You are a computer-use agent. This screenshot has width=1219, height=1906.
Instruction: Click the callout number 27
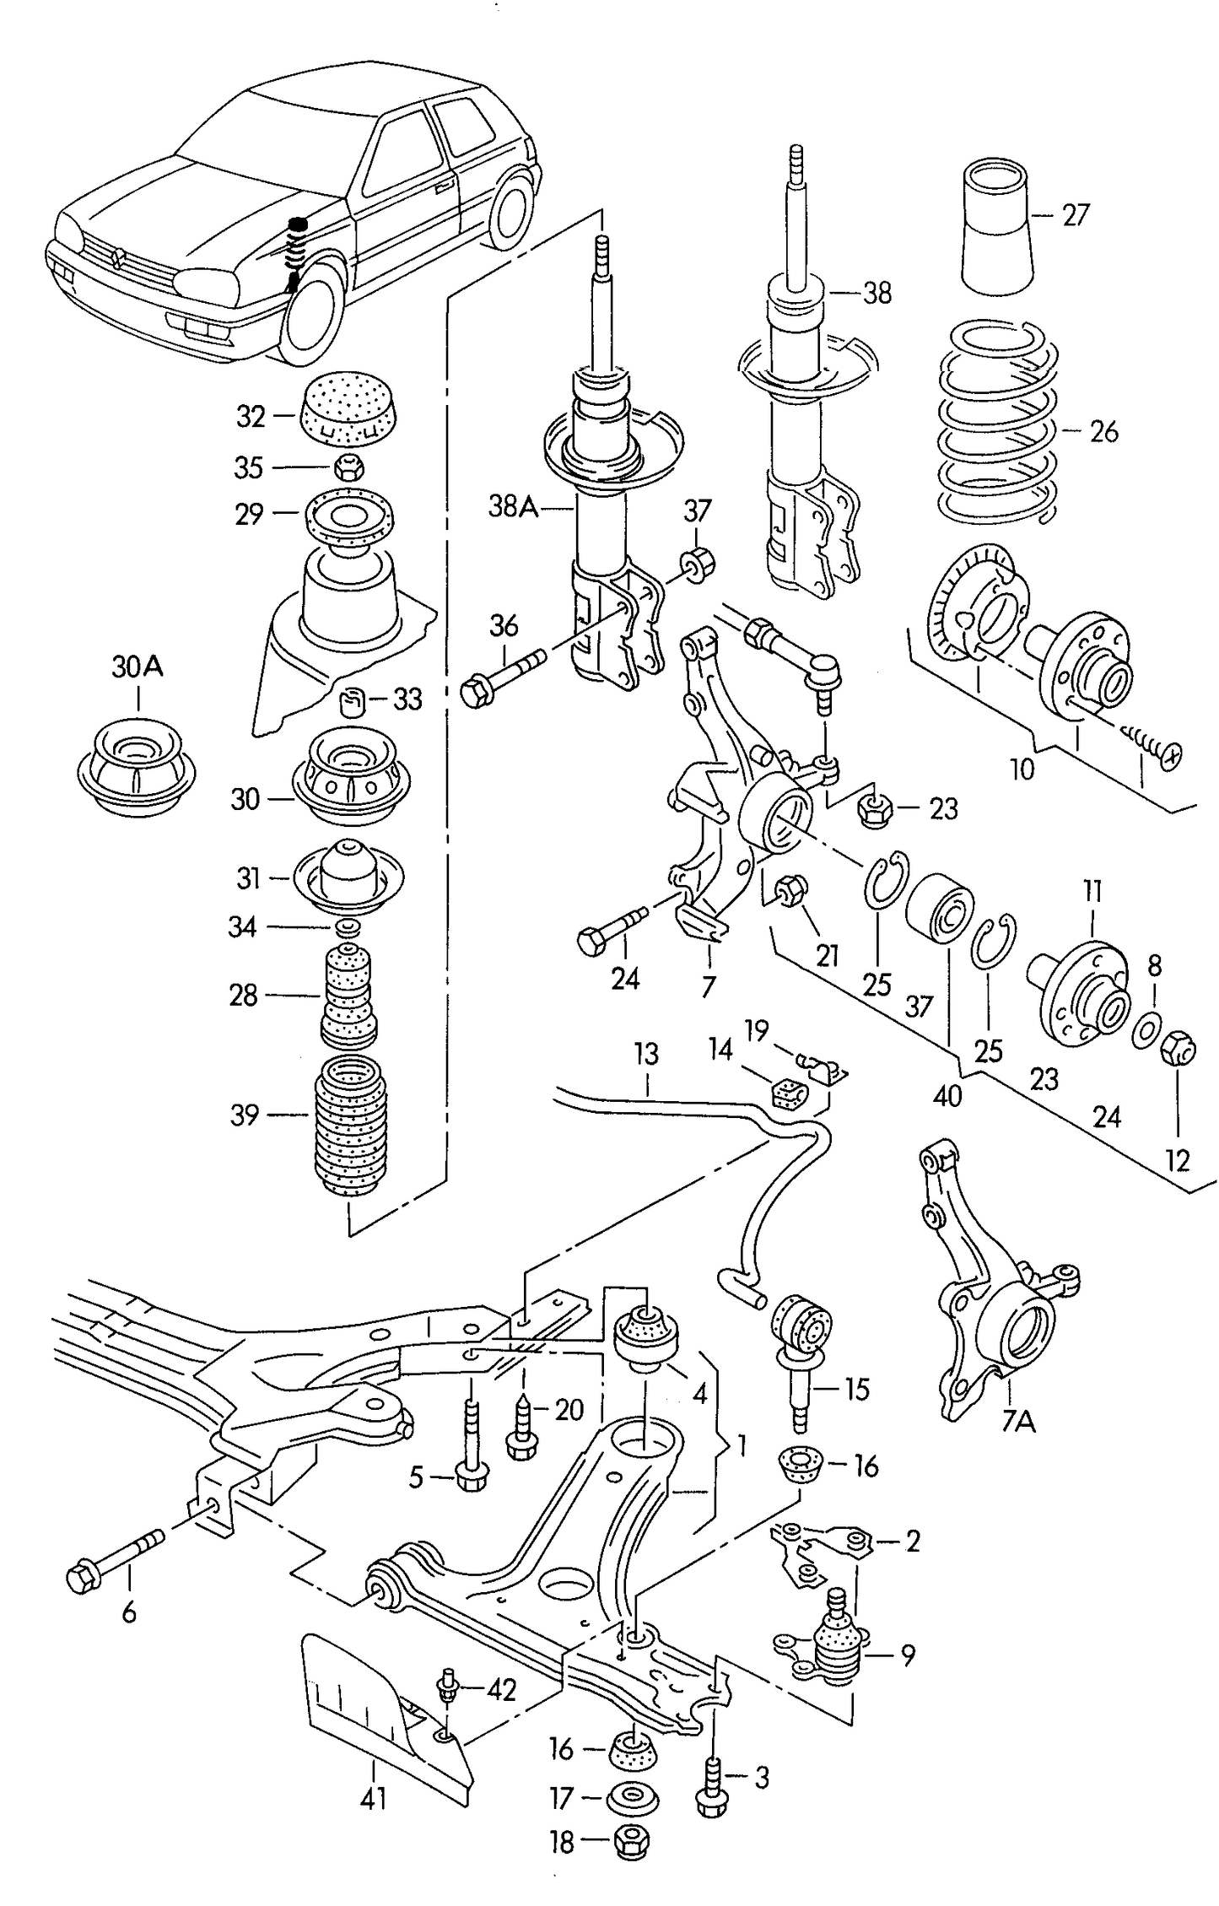[1076, 215]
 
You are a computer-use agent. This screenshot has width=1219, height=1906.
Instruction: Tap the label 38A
[513, 506]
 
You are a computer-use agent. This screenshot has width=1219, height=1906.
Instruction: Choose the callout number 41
[372, 1798]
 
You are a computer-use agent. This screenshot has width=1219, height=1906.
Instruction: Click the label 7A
[1018, 1423]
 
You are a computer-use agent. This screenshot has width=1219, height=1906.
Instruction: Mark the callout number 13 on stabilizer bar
[646, 1056]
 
